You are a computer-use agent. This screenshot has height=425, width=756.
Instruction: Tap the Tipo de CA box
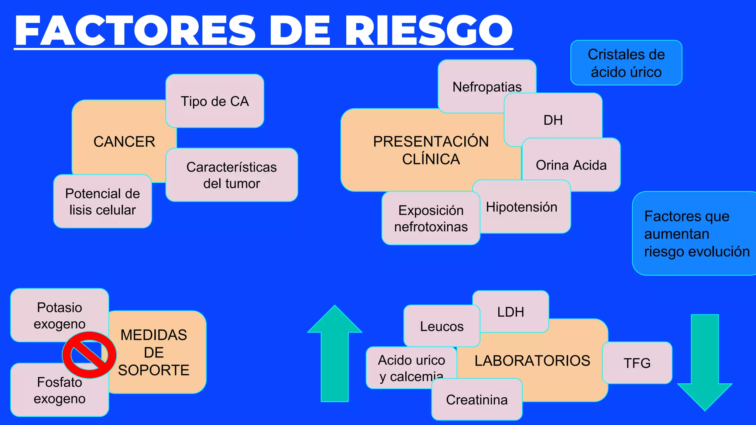point(214,101)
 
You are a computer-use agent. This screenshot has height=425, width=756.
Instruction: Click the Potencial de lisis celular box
point(102,201)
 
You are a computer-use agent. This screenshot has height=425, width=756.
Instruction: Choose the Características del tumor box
point(231,175)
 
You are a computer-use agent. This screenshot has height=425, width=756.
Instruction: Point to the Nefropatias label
point(487,87)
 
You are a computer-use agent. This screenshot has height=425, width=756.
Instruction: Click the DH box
point(553,120)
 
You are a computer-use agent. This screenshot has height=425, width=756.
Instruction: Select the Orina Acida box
point(571,165)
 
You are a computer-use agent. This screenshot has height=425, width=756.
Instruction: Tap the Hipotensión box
point(521,207)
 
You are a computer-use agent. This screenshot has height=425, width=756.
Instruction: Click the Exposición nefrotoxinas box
point(430,218)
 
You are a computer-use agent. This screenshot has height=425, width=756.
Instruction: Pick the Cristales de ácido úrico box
point(626,63)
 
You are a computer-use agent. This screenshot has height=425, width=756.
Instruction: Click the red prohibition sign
point(89,355)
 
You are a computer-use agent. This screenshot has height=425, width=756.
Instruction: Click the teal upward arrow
point(334,354)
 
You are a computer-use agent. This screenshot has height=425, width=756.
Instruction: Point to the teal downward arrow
point(705,362)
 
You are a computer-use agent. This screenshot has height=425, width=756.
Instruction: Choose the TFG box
point(637,363)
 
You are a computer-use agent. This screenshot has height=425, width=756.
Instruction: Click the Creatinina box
point(477,400)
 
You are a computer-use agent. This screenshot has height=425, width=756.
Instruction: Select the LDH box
point(511,312)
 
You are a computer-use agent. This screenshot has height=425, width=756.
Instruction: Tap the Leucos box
point(441,326)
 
